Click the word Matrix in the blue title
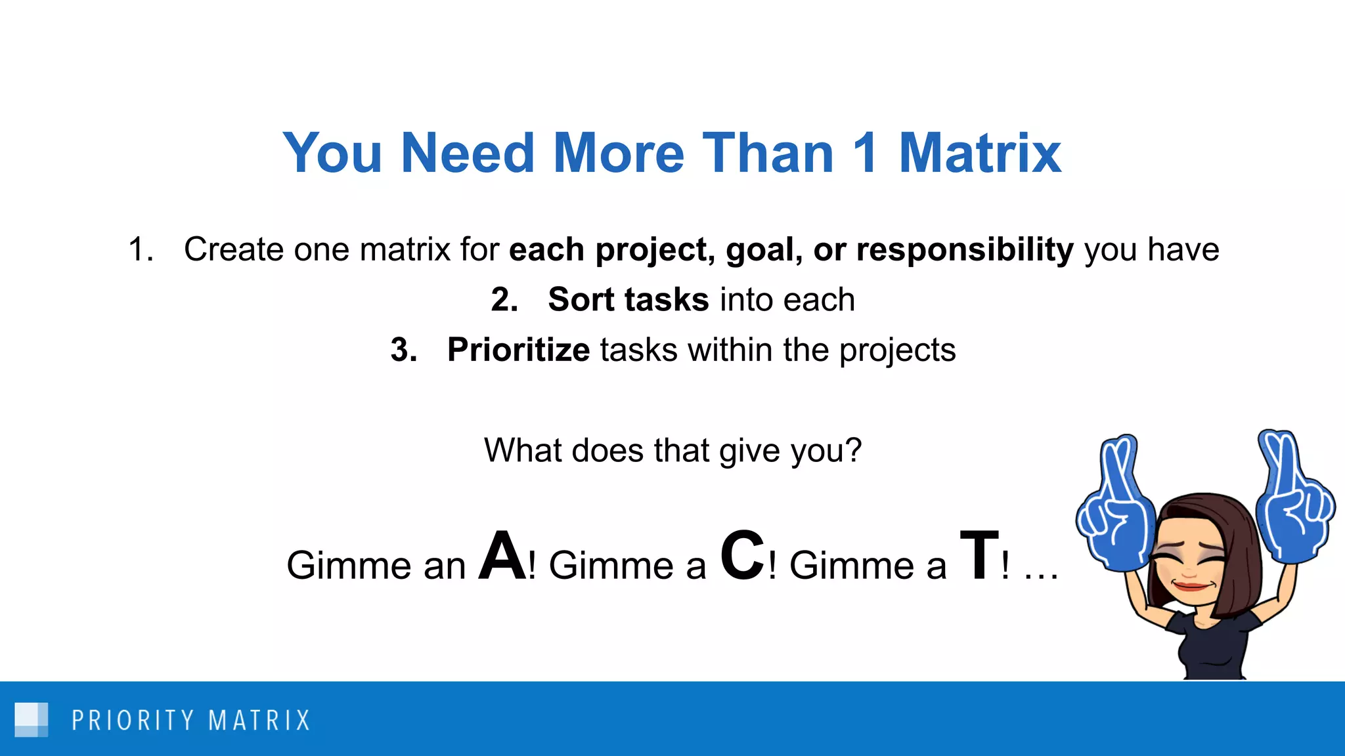979,154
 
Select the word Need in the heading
467,154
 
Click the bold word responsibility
965,250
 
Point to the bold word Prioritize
518,350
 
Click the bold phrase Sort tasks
628,300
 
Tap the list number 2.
504,300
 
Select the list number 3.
403,350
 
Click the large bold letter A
502,556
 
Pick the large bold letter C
743,556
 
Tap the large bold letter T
979,556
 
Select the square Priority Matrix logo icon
31,720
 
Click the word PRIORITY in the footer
133,721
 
